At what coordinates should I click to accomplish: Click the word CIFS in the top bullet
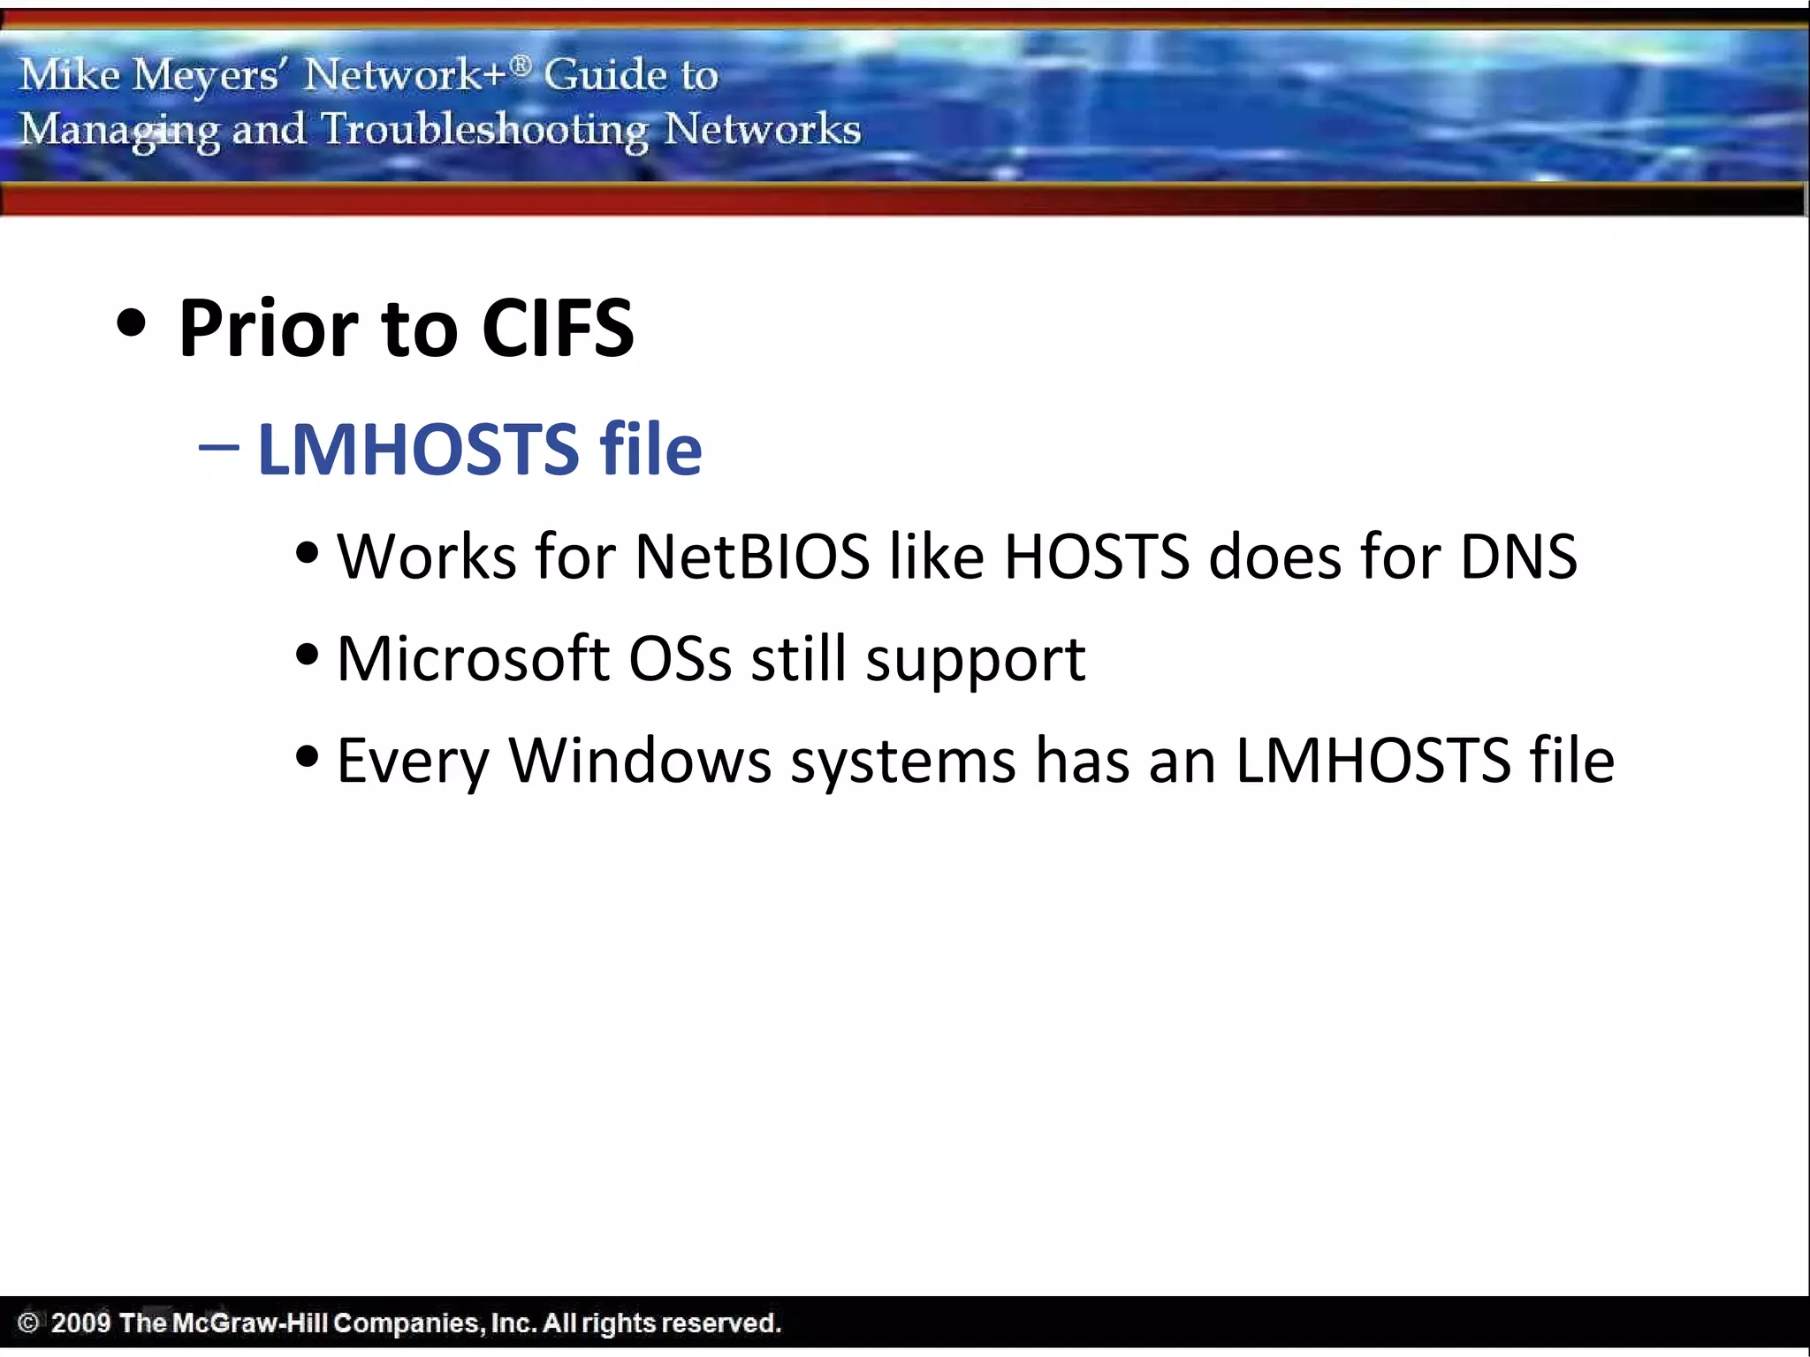click(x=558, y=329)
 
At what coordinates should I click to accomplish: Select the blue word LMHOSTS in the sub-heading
click(x=418, y=450)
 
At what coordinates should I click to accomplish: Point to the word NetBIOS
click(x=752, y=557)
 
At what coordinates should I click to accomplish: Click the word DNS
click(x=1517, y=557)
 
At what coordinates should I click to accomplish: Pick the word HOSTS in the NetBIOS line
click(x=1097, y=557)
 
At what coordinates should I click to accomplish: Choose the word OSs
click(x=680, y=659)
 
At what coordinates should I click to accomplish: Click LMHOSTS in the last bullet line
click(x=1373, y=761)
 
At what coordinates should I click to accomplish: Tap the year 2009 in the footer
click(x=80, y=1323)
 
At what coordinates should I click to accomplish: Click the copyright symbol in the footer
click(x=28, y=1323)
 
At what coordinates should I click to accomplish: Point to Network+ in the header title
click(x=406, y=74)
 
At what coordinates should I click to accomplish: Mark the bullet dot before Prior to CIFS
click(x=131, y=323)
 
